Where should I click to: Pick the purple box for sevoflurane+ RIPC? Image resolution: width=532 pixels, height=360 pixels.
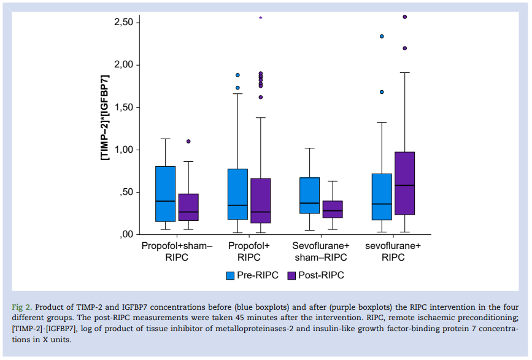pyautogui.click(x=405, y=183)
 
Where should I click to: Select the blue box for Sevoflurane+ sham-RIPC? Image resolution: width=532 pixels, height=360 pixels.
pyautogui.click(x=309, y=196)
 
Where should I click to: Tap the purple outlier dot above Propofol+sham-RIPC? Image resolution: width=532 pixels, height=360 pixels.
pyautogui.click(x=188, y=142)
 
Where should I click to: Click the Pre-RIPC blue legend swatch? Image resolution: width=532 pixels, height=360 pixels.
pyautogui.click(x=231, y=275)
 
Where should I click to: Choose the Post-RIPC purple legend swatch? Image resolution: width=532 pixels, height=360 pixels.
pyautogui.click(x=291, y=275)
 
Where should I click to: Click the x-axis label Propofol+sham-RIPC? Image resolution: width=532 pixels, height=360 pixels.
pyautogui.click(x=177, y=251)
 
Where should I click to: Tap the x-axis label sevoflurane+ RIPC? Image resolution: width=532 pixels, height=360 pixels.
pyautogui.click(x=393, y=251)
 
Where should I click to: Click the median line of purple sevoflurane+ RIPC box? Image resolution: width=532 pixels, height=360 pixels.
pyautogui.click(x=405, y=185)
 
